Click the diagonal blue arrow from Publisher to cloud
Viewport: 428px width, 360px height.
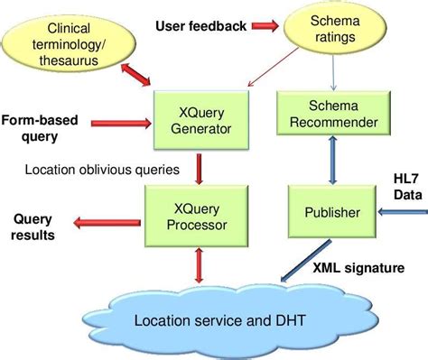(x=297, y=265)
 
